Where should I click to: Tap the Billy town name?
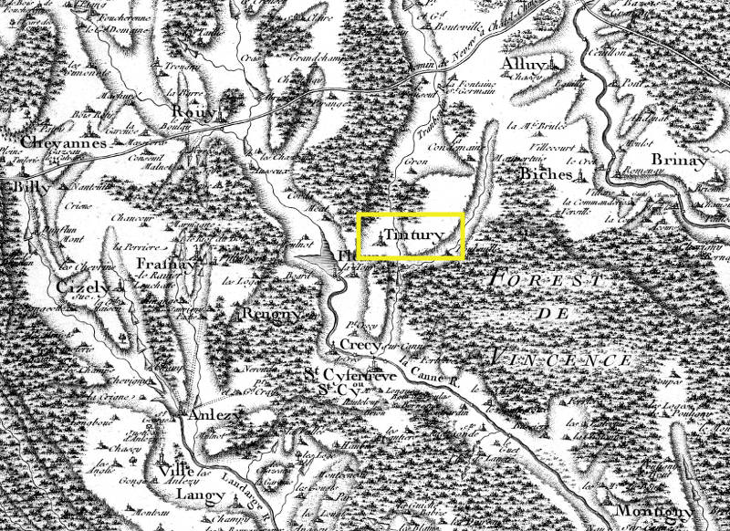[22, 187]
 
